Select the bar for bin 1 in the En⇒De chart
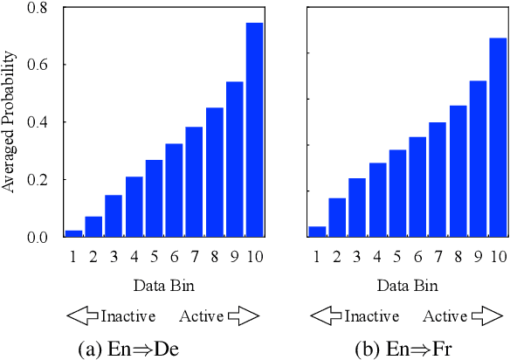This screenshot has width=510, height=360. coord(73,233)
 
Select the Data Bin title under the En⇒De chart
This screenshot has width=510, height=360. coord(163,286)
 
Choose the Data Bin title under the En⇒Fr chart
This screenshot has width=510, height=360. coord(407,286)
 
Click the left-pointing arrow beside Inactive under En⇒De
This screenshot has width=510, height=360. coord(83,316)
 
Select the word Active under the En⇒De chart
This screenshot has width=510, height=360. coord(202,316)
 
